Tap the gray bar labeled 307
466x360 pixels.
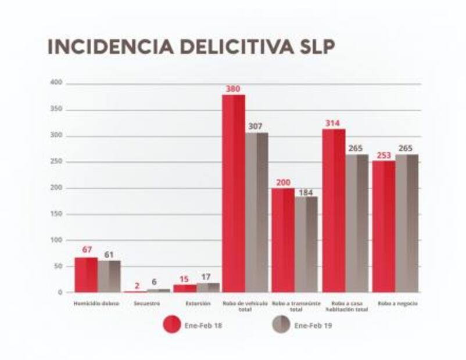point(256,212)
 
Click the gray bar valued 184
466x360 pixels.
point(306,244)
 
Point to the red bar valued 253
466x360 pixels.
point(383,226)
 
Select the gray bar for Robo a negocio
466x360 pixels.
point(407,223)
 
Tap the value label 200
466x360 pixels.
point(283,182)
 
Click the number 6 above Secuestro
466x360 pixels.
point(154,282)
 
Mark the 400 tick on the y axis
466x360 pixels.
point(56,84)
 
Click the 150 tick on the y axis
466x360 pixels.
point(56,214)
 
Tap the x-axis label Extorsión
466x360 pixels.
point(195,303)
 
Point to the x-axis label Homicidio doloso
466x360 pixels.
point(96,303)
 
